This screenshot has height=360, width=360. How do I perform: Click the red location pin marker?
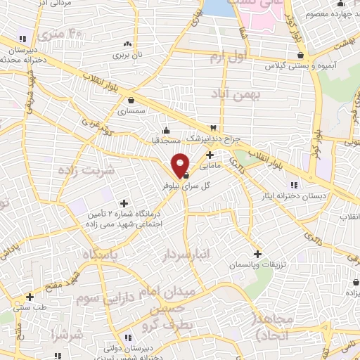point(181,165)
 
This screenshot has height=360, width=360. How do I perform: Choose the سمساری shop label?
point(131,111)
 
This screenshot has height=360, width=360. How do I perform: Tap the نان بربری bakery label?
point(129,53)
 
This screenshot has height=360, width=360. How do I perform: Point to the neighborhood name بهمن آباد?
point(259,94)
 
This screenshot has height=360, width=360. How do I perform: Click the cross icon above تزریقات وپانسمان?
point(258,254)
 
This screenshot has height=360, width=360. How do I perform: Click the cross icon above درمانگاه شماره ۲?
point(124,203)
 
